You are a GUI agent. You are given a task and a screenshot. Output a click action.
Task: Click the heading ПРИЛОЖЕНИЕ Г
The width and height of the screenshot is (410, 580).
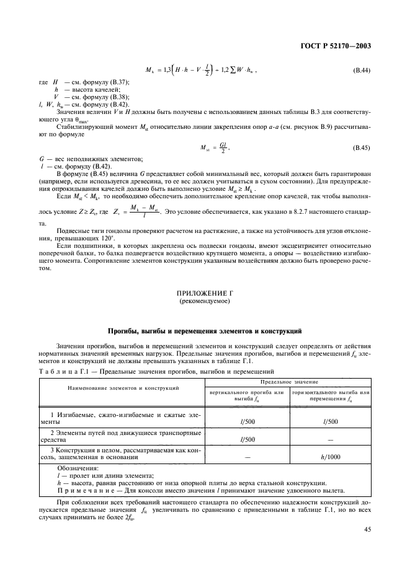coord(205,294)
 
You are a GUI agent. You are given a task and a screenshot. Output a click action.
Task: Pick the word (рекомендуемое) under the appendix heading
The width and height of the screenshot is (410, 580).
coord(205,302)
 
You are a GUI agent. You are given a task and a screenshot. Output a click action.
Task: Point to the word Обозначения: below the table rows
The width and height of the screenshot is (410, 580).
coord(78,469)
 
